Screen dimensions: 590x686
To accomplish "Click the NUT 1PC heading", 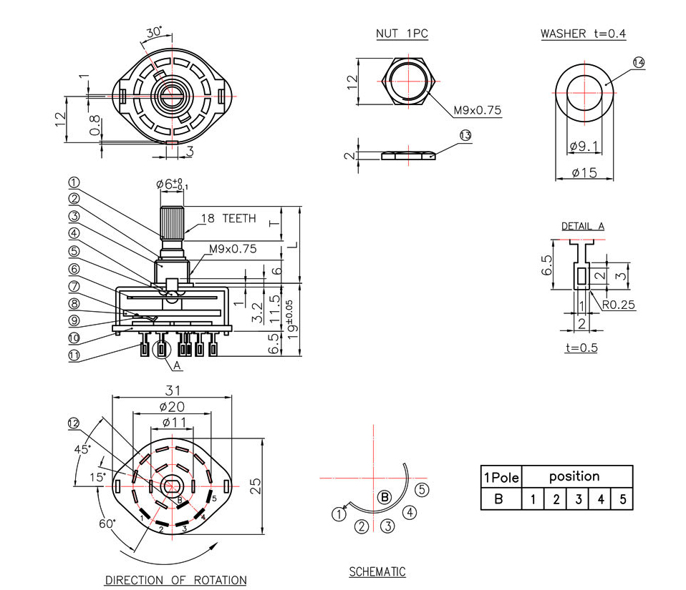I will pyautogui.click(x=402, y=34).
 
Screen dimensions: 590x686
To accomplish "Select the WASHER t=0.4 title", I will pyautogui.click(x=583, y=34).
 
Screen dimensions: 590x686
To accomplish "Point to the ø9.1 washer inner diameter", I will pyautogui.click(x=584, y=147).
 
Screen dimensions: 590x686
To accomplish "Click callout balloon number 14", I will pyautogui.click(x=638, y=63).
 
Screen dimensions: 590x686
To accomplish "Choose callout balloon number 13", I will pyautogui.click(x=465, y=135).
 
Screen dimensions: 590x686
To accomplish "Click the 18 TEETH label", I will pyautogui.click(x=228, y=219).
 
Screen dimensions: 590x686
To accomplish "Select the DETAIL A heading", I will pyautogui.click(x=582, y=227).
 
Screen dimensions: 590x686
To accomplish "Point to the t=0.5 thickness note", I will pyautogui.click(x=581, y=348).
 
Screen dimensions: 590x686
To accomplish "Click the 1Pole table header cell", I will pyautogui.click(x=501, y=477).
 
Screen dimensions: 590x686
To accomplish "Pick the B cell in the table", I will pyautogui.click(x=501, y=498).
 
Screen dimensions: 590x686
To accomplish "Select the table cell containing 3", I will pyautogui.click(x=577, y=498).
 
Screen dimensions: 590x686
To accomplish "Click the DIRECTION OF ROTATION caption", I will pyautogui.click(x=175, y=580).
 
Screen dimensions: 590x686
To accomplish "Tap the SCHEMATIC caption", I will pyautogui.click(x=377, y=571).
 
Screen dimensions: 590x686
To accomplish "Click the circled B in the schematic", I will pyautogui.click(x=384, y=497).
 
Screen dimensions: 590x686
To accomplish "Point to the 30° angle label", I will pyautogui.click(x=154, y=32).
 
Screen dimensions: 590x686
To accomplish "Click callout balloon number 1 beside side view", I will pyautogui.click(x=74, y=182).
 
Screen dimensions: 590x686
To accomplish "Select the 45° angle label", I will pyautogui.click(x=84, y=449).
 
